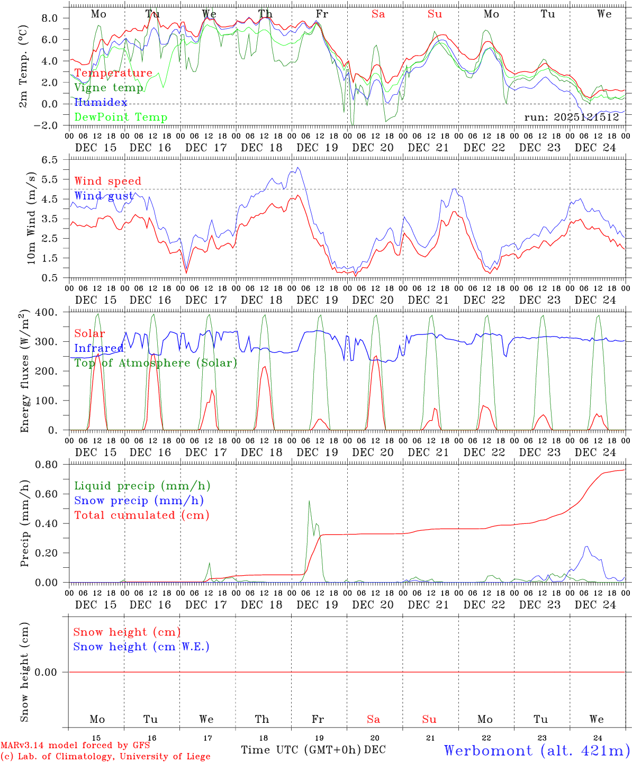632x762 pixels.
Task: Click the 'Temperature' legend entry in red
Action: [113, 73]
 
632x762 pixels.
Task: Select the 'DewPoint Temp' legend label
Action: [121, 117]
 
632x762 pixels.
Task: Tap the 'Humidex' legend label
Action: [101, 102]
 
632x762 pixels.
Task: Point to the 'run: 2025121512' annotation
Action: [572, 117]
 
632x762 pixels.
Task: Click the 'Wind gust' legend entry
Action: [104, 196]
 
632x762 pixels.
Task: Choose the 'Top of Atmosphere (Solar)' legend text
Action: [156, 363]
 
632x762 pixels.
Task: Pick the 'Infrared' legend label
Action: [98, 348]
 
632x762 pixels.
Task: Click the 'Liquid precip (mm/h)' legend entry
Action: [142, 486]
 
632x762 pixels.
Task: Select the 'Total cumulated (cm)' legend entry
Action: [142, 515]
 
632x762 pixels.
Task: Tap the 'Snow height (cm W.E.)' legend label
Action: [141, 647]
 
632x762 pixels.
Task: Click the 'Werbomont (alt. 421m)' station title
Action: [537, 750]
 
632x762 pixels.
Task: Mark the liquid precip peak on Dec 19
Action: [309, 501]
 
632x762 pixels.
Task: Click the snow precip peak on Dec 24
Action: [586, 547]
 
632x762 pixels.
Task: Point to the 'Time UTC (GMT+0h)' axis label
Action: [301, 750]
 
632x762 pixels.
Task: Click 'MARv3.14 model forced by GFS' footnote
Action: [75, 746]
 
